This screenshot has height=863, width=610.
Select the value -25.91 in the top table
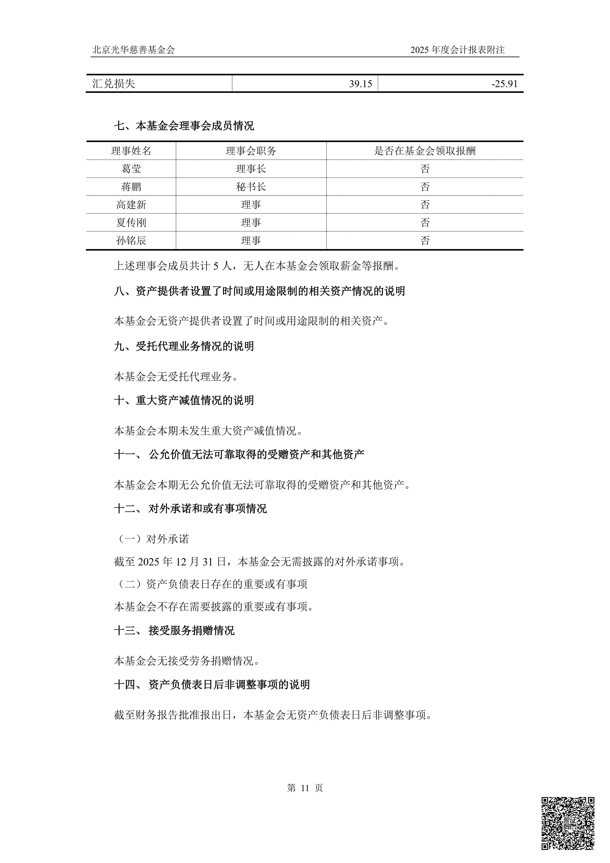coord(504,84)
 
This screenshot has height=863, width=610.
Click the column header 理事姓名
coord(131,151)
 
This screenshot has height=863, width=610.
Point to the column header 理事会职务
coord(251,151)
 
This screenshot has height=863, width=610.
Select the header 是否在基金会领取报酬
coord(425,151)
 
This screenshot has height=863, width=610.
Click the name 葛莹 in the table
coord(131,169)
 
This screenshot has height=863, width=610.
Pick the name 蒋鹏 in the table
coord(131,187)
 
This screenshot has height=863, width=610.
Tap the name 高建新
coord(131,205)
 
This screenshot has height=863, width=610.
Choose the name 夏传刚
coord(131,222)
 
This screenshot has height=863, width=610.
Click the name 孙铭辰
coord(131,241)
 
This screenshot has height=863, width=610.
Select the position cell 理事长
coord(251,169)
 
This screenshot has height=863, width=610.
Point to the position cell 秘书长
coord(251,187)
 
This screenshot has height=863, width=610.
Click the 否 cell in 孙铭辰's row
coord(425,241)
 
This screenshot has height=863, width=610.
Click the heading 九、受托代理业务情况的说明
coord(184,346)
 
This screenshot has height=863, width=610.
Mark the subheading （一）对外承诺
coord(152,539)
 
